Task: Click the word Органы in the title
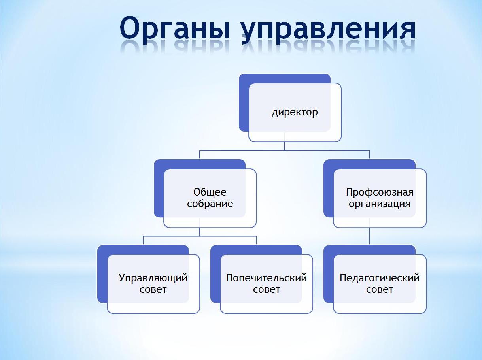[175, 30]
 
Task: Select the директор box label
[295, 112]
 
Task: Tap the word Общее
[210, 192]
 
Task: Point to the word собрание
[210, 204]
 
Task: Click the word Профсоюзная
[380, 192]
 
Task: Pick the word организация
[380, 204]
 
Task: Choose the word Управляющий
[153, 278]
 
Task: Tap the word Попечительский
[267, 278]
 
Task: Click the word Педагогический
[380, 278]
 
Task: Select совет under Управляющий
[153, 290]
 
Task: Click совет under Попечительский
[267, 290]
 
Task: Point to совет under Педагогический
[380, 290]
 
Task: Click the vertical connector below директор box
[285, 146]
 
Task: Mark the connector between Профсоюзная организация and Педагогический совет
[369, 236]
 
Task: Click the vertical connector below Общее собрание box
[200, 232]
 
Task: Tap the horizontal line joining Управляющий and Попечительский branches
[200, 236]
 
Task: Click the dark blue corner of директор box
[244, 102]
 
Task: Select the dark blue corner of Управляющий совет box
[102, 274]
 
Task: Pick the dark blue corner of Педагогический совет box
[329, 274]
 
